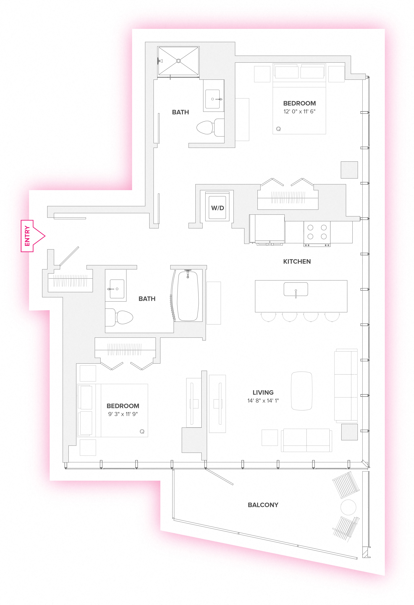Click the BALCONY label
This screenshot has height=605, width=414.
coord(263,505)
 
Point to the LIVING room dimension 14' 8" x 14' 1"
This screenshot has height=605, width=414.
coord(263,401)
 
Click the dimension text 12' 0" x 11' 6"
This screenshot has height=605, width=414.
coord(299,111)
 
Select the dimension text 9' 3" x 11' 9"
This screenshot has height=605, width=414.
coord(123,414)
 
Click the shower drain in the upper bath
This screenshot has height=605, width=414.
coord(178,61)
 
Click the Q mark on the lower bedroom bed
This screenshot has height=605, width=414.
coord(142,431)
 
